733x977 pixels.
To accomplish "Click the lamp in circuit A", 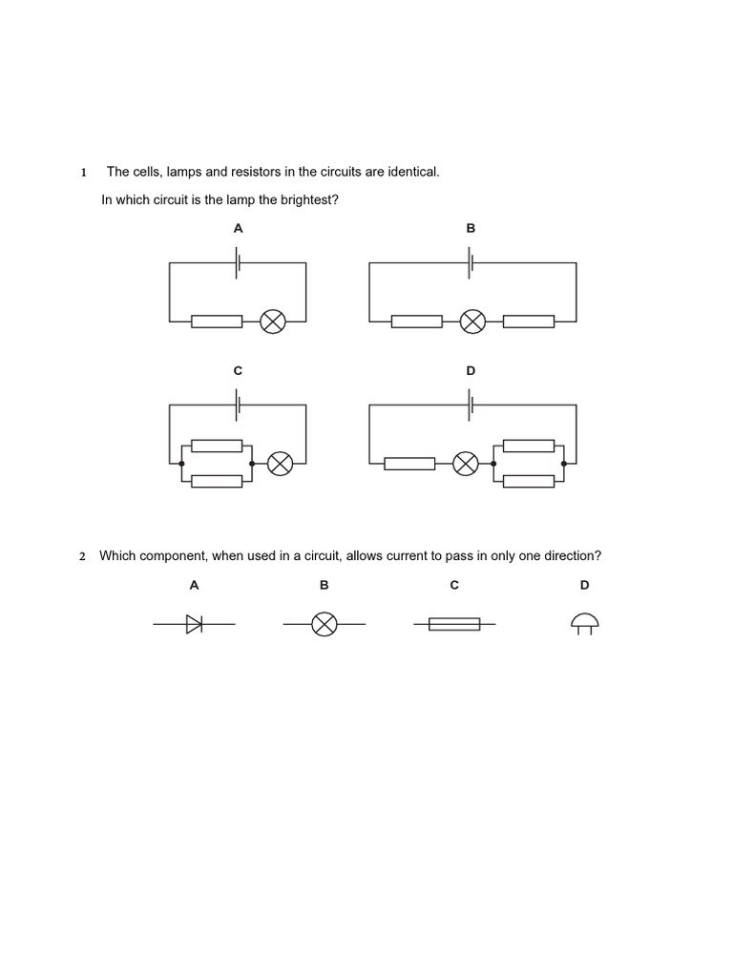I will [273, 322].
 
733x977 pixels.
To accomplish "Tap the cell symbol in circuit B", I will [471, 262].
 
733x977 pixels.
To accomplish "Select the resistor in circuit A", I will [217, 322].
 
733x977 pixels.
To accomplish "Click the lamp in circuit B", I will [472, 322].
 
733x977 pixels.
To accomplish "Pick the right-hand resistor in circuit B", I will [528, 322].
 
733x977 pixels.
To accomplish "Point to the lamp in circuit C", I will [279, 464].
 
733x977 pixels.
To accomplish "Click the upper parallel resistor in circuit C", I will [217, 446].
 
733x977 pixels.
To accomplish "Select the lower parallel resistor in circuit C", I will [217, 481].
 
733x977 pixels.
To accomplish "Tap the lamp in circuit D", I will [465, 464].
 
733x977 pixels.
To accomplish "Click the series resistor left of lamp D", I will [409, 464].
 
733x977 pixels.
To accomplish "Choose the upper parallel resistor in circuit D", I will [528, 446].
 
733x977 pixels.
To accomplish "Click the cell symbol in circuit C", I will [238, 405].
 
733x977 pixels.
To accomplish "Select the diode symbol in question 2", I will [194, 625].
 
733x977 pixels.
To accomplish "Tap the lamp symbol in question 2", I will [325, 625].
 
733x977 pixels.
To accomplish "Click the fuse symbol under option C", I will [454, 625].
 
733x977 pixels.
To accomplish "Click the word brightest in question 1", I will [309, 199].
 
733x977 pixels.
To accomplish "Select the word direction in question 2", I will [568, 555].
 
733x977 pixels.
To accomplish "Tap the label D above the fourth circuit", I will [471, 370].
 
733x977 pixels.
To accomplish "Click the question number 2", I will [83, 556].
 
